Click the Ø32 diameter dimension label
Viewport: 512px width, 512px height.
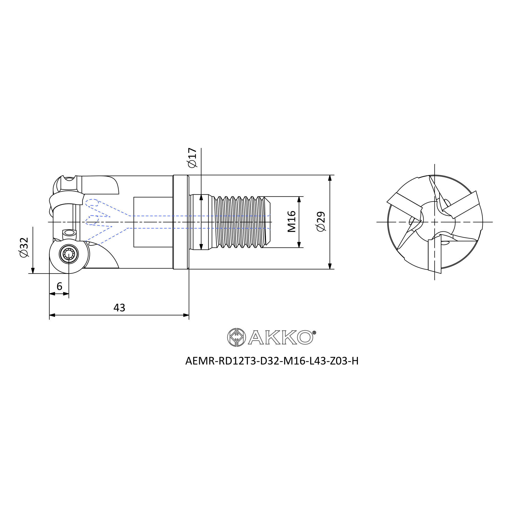pos(24,247)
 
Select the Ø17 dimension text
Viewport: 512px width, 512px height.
pos(192,158)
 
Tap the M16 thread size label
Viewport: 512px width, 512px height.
pos(292,221)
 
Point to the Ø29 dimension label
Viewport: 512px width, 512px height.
pos(321,221)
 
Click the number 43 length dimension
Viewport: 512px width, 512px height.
pos(119,308)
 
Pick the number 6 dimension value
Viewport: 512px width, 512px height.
pos(59,286)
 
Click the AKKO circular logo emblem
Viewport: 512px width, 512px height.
pos(237,337)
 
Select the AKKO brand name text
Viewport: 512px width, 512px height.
pos(280,337)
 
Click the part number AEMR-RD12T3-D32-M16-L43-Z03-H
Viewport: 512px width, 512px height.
pos(272,361)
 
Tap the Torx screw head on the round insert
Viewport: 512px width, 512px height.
pos(69,254)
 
